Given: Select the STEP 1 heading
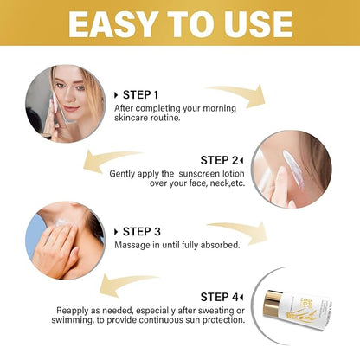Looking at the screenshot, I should pyautogui.click(x=141, y=93).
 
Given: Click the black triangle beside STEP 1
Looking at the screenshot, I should pyautogui.click(x=116, y=93).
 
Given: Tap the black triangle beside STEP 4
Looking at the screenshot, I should pyautogui.click(x=242, y=296).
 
